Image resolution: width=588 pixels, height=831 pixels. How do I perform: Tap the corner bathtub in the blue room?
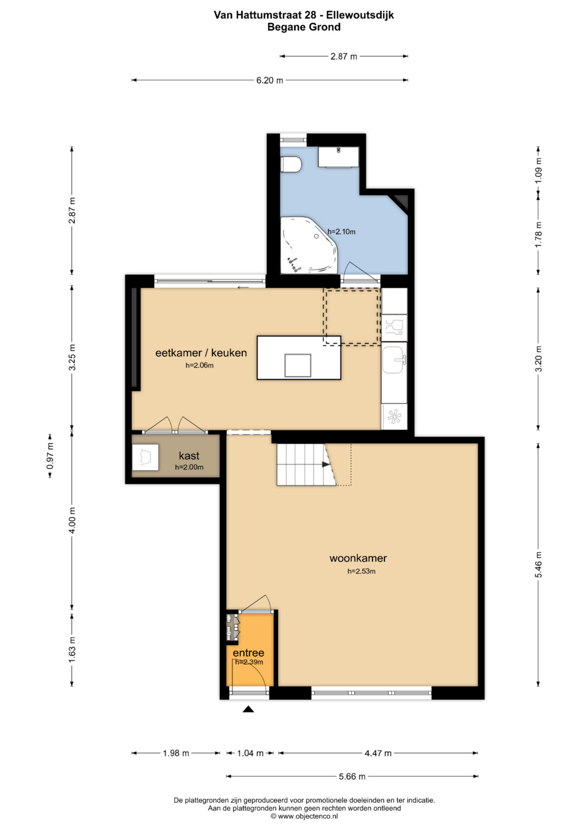[308, 245]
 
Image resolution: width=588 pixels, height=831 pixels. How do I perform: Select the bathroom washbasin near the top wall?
[338, 157]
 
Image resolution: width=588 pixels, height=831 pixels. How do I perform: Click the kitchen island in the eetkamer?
[299, 358]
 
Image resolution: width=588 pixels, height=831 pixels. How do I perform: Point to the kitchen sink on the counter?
[394, 360]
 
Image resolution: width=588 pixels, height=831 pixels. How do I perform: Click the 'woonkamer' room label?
[358, 558]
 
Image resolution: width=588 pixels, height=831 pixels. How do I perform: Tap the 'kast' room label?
[189, 455]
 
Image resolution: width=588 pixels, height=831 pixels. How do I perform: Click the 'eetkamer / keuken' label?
[201, 353]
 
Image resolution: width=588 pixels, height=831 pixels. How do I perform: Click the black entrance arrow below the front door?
[248, 709]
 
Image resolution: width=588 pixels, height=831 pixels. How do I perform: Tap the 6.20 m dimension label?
[270, 80]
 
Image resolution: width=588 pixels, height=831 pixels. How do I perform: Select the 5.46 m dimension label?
[538, 564]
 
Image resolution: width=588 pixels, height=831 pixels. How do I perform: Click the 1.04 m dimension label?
[250, 753]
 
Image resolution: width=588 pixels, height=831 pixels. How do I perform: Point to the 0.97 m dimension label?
[50, 455]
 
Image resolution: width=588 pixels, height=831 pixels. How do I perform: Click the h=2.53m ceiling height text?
[361, 571]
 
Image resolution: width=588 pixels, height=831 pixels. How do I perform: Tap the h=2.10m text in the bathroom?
[341, 232]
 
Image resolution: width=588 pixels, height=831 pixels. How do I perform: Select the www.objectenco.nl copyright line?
[304, 816]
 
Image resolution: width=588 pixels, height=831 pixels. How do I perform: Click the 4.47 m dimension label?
[378, 753]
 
